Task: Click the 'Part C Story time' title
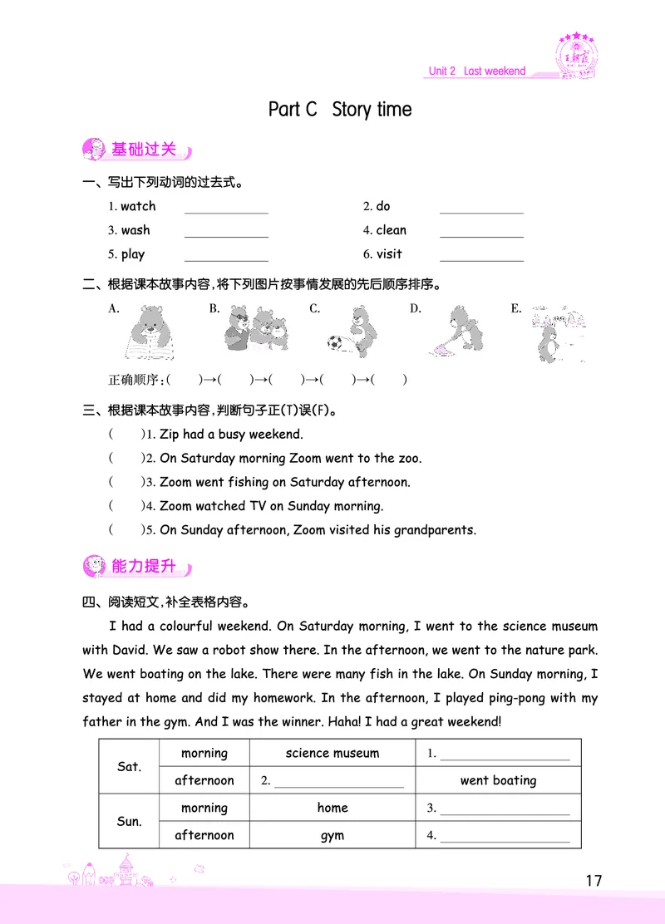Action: tap(340, 110)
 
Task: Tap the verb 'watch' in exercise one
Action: tap(138, 206)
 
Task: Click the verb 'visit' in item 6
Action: tap(389, 254)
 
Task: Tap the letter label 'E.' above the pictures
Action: tap(516, 309)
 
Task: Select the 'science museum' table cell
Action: tap(332, 754)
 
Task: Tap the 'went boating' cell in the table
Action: tap(498, 780)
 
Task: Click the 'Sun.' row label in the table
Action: tap(129, 821)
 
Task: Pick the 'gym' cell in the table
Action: tap(332, 835)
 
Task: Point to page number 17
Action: tap(593, 881)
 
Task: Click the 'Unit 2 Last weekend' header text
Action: tap(476, 71)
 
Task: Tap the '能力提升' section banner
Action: tap(138, 567)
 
